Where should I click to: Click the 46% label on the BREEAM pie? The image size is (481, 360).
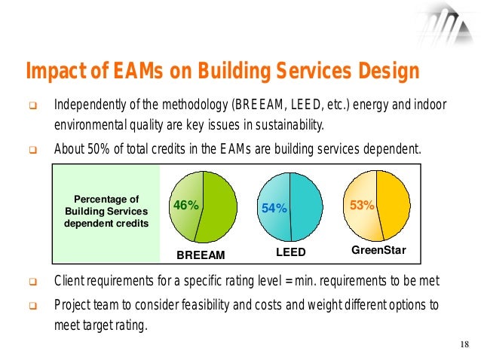pyautogui.click(x=185, y=205)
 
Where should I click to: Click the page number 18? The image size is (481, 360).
pyautogui.click(x=464, y=345)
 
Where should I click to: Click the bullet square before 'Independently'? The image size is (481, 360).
pyautogui.click(x=32, y=104)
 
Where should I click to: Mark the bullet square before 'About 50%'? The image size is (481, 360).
pyautogui.click(x=32, y=149)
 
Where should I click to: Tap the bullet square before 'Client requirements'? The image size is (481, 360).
pyautogui.click(x=32, y=284)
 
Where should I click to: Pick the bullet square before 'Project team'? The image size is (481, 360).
pyautogui.click(x=32, y=306)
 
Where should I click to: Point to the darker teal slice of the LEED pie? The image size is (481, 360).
pyautogui.click(x=305, y=207)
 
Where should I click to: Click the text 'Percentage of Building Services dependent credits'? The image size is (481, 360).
pyautogui.click(x=106, y=212)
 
